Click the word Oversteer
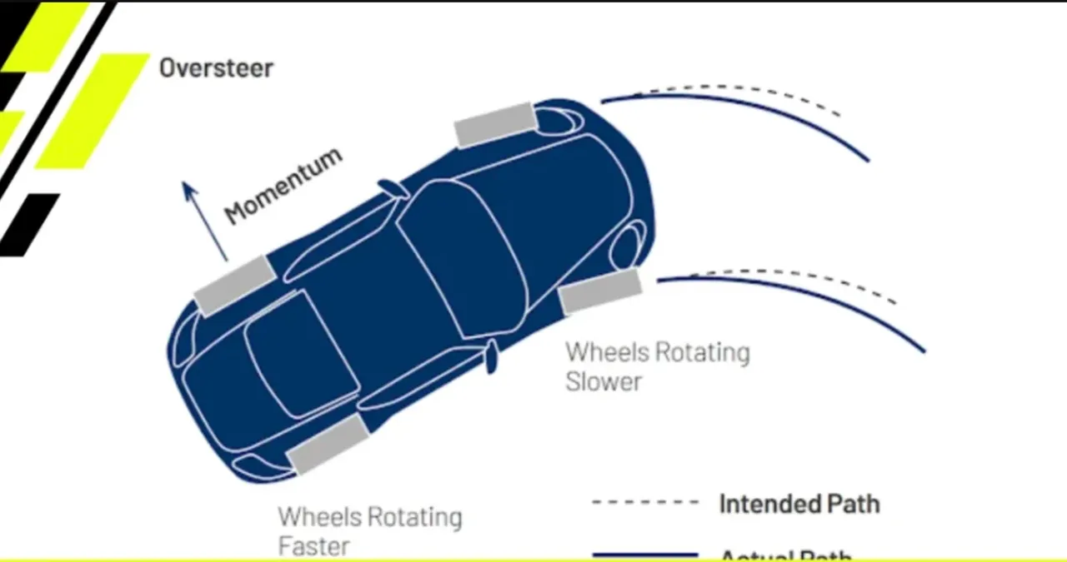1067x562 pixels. coord(216,68)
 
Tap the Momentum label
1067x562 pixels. coord(283,187)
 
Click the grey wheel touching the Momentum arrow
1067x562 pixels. coord(234,285)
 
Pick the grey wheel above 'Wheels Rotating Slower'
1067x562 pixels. coord(600,291)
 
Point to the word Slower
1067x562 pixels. coord(604,382)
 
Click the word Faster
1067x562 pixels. coord(313,546)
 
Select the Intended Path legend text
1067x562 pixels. coord(799,504)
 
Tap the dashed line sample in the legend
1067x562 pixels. coord(644,502)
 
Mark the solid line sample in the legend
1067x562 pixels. coord(644,554)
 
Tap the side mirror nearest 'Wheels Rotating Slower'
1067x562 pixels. coord(492,356)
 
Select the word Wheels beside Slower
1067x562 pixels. coord(604,352)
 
